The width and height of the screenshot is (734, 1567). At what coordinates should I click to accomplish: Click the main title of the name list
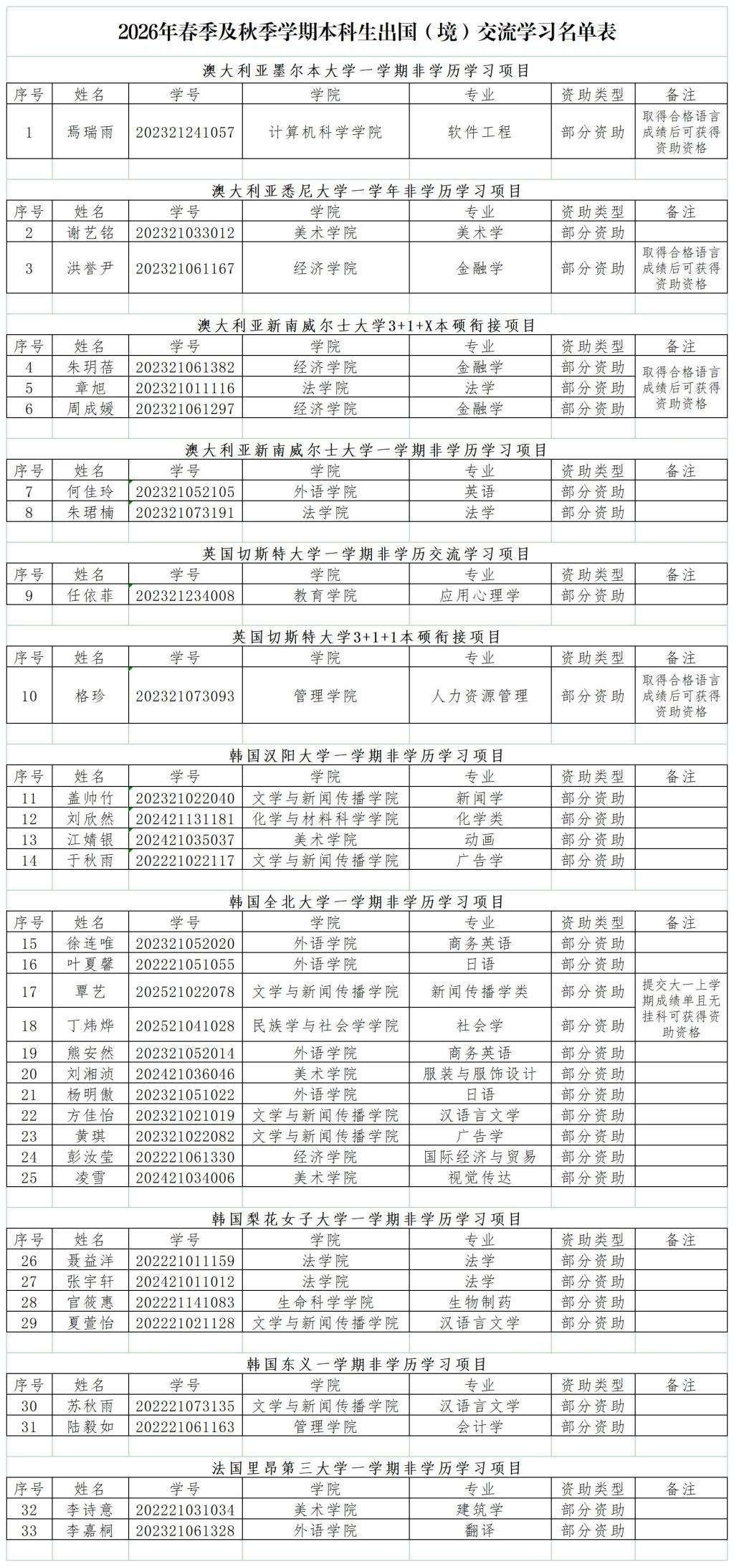point(367,32)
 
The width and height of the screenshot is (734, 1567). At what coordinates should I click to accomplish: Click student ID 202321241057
point(185,133)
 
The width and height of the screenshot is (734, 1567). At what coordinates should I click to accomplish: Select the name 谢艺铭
point(90,232)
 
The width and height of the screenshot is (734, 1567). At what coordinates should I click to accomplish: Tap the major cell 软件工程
point(480,133)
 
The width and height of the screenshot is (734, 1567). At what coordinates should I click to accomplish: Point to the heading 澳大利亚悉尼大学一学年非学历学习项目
point(367,191)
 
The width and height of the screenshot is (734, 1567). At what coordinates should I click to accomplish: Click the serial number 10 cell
point(29,696)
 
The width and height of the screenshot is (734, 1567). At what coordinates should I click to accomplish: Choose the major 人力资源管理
point(480,696)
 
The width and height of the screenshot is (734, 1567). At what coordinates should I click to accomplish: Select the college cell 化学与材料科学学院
point(325,819)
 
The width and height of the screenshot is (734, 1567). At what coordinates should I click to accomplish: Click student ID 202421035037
point(185,840)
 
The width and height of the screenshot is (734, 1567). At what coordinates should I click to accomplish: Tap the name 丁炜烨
point(90,1026)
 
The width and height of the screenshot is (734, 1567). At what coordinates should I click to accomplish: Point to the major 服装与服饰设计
point(480,1074)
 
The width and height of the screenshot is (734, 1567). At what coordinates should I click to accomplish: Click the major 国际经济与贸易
point(480,1157)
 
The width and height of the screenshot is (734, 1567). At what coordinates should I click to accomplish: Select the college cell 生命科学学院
point(325,1302)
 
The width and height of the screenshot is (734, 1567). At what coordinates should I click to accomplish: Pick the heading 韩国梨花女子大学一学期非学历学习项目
point(367,1219)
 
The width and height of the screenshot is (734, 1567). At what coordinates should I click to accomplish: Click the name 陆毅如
point(90,1427)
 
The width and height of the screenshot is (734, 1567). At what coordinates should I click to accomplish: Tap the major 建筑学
point(480,1510)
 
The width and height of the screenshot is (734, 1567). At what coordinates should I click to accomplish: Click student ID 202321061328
point(185,1531)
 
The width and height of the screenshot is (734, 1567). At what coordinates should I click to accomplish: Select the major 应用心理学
point(480,595)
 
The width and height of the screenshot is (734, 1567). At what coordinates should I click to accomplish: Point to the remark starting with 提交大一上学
point(681,1008)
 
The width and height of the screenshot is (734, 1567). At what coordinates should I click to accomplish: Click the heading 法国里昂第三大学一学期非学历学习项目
point(367,1469)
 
